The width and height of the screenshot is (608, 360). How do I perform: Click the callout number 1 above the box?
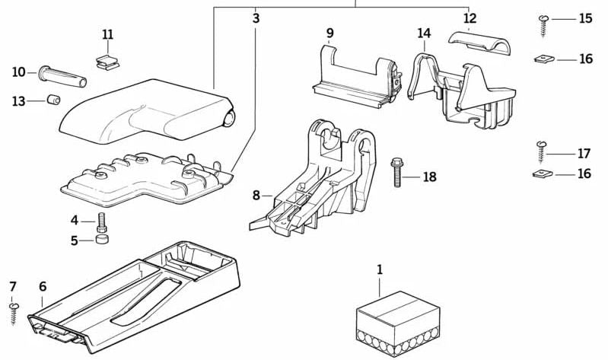[x=380, y=270]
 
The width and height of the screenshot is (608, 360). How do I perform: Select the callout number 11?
[x=107, y=34]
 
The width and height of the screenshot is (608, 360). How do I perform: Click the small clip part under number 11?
[x=108, y=60]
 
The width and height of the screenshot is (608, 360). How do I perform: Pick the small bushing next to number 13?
[x=54, y=100]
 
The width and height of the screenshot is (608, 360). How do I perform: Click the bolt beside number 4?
[x=101, y=223]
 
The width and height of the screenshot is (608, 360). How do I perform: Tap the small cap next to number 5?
[x=101, y=241]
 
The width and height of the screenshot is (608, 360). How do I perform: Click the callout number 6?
[x=43, y=286]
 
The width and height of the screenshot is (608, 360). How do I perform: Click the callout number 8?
[x=256, y=196]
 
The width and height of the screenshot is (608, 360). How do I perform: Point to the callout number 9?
[x=330, y=33]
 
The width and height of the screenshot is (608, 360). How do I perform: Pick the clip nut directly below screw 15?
[x=544, y=59]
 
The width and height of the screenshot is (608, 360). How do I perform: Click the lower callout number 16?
[x=584, y=174]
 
